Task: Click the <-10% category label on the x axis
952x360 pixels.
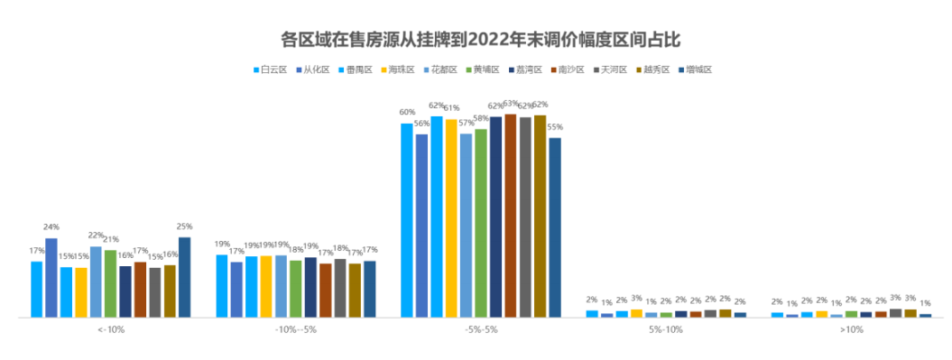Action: click(x=111, y=330)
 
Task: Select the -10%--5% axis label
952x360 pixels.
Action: click(x=295, y=330)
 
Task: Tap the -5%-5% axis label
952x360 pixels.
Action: click(x=480, y=330)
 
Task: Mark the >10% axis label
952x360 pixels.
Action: click(x=851, y=330)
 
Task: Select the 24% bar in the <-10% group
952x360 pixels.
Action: click(x=51, y=277)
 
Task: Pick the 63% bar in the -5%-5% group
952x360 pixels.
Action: click(x=511, y=216)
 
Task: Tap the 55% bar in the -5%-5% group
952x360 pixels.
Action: click(x=555, y=227)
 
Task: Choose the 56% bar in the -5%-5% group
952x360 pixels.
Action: click(x=421, y=226)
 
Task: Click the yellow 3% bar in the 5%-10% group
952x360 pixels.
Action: click(x=636, y=313)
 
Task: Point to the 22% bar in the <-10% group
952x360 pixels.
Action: click(x=96, y=282)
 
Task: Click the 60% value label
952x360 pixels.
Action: click(x=406, y=113)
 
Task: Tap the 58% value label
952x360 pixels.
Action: click(x=481, y=118)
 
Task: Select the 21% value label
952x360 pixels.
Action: click(x=111, y=239)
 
